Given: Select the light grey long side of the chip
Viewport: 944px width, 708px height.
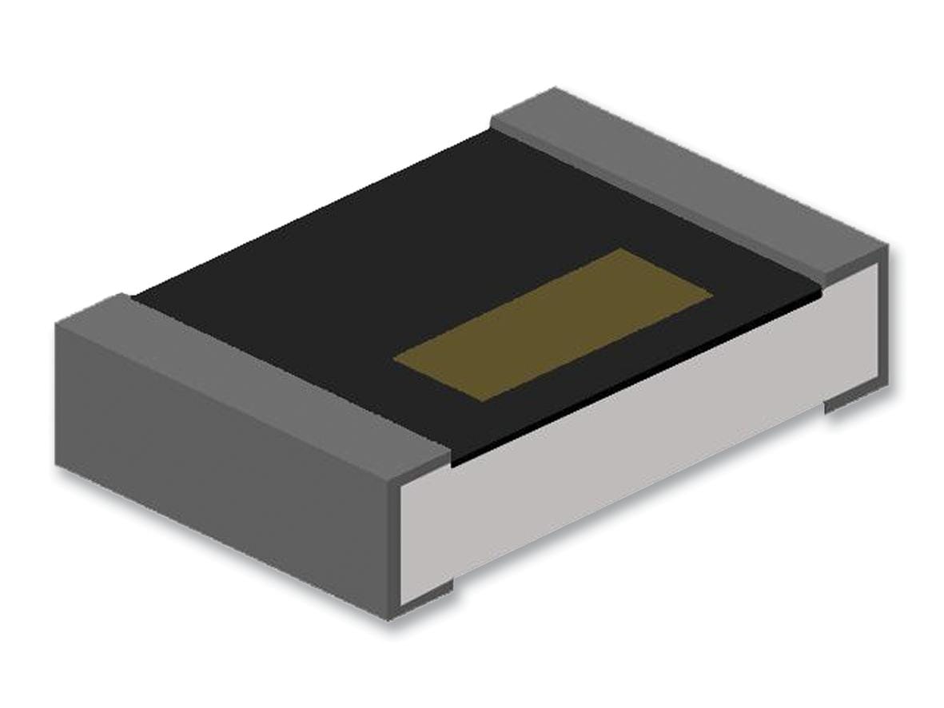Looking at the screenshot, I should (x=639, y=447).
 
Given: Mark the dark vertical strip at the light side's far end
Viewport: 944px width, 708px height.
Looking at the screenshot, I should (x=883, y=320).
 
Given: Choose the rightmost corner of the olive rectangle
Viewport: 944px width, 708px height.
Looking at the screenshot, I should (x=712, y=293).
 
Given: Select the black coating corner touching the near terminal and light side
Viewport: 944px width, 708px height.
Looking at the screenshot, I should (x=453, y=464).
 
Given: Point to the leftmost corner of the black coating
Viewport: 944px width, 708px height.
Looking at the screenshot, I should (x=133, y=297).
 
